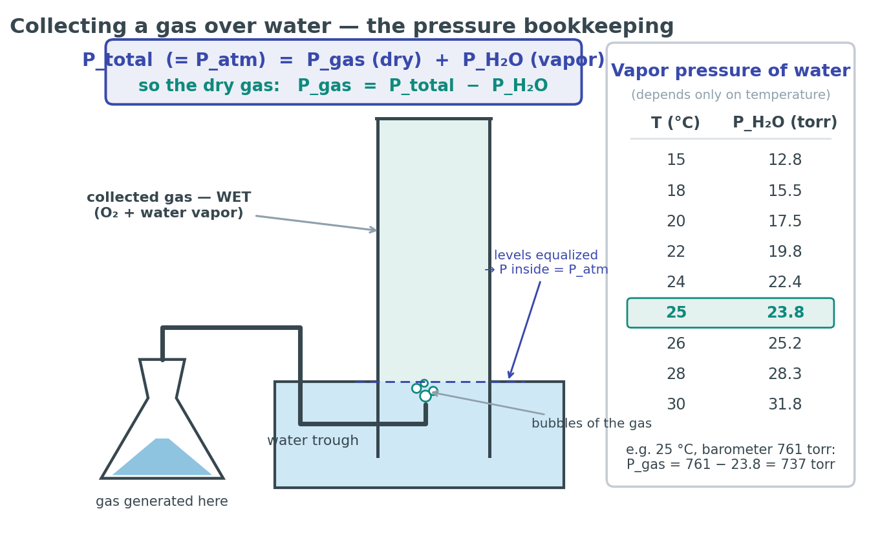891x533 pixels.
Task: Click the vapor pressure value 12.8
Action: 784,160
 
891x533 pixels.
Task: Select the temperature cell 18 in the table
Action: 676,190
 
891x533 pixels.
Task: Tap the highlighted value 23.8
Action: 785,312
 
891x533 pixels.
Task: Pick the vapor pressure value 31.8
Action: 784,404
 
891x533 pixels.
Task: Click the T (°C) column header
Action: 675,122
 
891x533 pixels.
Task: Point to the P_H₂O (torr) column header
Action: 785,122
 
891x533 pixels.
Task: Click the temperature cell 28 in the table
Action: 676,374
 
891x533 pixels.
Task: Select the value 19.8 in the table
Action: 784,252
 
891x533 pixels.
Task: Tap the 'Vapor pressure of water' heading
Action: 731,71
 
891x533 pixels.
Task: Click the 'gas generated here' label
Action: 162,501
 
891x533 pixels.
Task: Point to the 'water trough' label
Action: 313,441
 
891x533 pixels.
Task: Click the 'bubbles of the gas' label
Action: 592,423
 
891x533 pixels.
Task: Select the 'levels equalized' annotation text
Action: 546,255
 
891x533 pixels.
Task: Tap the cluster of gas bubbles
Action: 425,391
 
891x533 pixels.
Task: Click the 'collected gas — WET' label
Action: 169,197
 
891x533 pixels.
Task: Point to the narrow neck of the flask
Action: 162,378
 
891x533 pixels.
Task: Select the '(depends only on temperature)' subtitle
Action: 731,94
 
